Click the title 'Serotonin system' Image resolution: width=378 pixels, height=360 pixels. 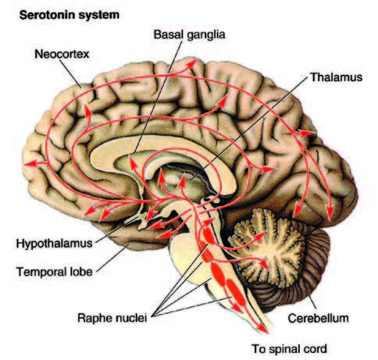(x=70, y=15)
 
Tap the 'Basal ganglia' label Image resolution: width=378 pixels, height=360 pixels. (x=189, y=34)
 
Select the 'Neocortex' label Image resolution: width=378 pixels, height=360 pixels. (x=62, y=54)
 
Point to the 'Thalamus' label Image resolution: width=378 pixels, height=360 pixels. (x=337, y=77)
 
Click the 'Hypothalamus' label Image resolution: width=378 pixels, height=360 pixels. (x=55, y=244)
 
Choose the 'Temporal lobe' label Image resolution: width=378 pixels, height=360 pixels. (x=55, y=272)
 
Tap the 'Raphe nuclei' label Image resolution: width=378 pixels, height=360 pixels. (x=112, y=318)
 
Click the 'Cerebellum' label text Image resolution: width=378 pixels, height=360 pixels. (x=318, y=318)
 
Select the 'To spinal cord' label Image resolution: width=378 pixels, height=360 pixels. (x=289, y=349)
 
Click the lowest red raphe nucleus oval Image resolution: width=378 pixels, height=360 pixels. (x=236, y=292)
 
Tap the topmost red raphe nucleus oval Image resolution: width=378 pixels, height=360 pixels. (x=209, y=235)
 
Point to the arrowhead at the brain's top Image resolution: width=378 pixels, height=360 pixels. (x=193, y=63)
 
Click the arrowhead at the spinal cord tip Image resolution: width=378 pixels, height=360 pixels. (x=263, y=329)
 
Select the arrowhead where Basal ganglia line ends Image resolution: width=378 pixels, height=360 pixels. (x=134, y=162)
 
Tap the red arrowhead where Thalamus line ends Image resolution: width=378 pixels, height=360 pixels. (x=182, y=180)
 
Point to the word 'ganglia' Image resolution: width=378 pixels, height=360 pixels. (x=206, y=35)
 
